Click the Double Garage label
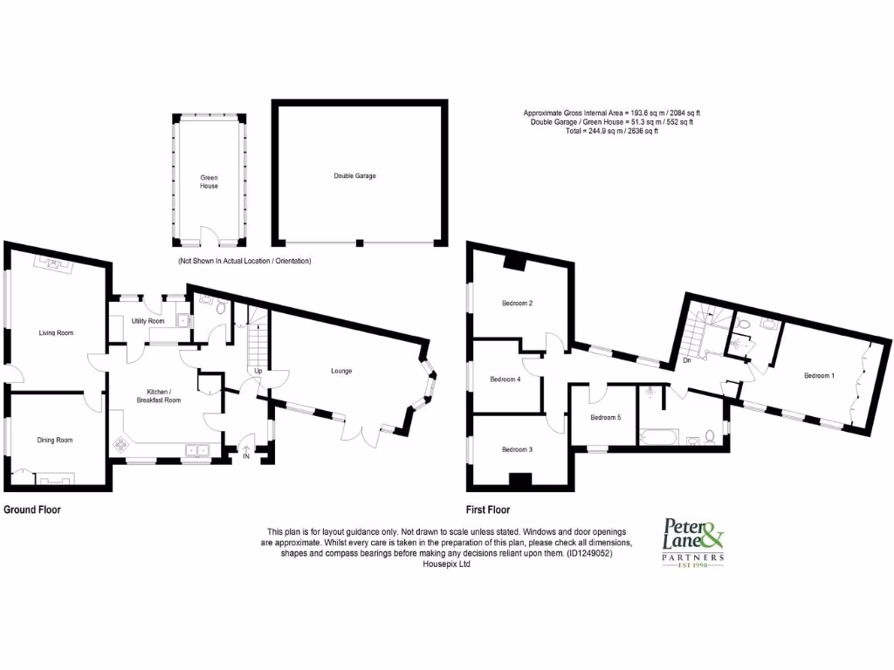[x=354, y=176]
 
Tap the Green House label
[x=208, y=181]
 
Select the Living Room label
[x=55, y=332]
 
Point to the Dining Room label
[x=54, y=441]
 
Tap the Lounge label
[x=340, y=371]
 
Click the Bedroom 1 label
[x=819, y=376]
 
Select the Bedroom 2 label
[x=517, y=304]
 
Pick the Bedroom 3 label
[x=517, y=449]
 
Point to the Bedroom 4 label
[x=505, y=379]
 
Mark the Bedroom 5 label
[x=606, y=417]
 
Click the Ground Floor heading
[x=32, y=509]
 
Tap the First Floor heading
[x=488, y=509]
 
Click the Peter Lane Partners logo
[x=694, y=542]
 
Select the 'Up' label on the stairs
[x=258, y=371]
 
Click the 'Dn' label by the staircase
[x=687, y=359]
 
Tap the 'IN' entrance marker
[x=246, y=455]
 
